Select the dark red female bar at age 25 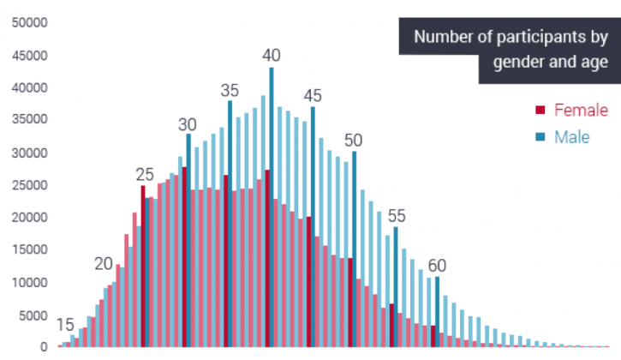point(143,266)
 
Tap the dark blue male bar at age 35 point(230,223)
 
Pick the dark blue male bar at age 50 point(354,249)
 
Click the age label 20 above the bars point(104,263)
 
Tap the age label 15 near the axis point(65,325)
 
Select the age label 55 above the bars point(396,216)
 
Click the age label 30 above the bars point(188,123)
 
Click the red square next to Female point(540,110)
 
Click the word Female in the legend point(580,110)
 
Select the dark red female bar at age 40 point(267,257)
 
